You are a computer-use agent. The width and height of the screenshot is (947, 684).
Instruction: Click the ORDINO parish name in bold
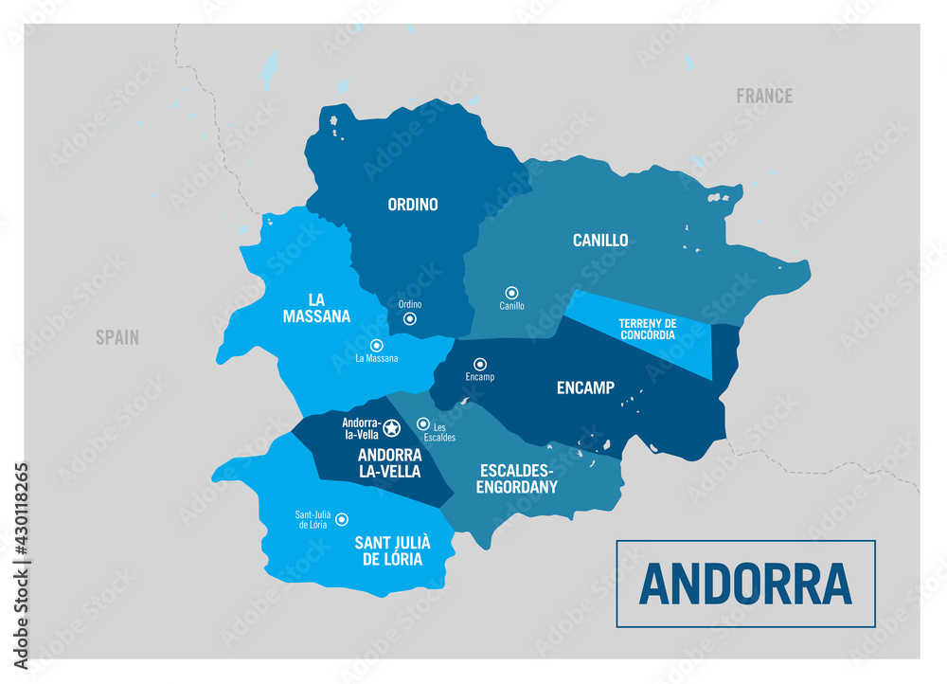pos(413,204)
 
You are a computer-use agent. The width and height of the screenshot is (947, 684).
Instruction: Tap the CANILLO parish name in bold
pos(600,241)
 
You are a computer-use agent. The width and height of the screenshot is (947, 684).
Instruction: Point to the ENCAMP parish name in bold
pos(585,387)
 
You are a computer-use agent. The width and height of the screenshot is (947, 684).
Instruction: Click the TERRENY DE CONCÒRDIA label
pos(647,329)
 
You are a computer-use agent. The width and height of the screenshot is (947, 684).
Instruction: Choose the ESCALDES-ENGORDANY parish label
pos(518,478)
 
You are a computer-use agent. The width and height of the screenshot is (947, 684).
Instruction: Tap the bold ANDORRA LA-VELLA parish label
pos(389,462)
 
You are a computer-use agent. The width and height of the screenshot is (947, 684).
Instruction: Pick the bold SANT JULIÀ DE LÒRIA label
pos(392,550)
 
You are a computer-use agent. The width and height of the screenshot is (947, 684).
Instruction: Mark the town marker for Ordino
pos(410,319)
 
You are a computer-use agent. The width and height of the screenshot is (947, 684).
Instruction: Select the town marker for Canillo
pos(511,293)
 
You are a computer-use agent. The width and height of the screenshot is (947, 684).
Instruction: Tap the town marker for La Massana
pos(376,346)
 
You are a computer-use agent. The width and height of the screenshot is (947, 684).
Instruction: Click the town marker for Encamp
pos(480,364)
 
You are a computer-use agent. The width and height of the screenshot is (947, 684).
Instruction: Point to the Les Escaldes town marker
pos(423,424)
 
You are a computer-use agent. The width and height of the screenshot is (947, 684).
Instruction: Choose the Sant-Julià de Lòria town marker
pos(342,519)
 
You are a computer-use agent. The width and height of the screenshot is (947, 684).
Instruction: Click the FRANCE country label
pos(764,96)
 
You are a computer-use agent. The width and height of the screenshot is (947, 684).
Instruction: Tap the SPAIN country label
pos(116,337)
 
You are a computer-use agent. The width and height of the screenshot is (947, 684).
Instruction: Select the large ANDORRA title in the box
pos(745,584)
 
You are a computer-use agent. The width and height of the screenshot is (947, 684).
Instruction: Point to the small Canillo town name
pos(511,306)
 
